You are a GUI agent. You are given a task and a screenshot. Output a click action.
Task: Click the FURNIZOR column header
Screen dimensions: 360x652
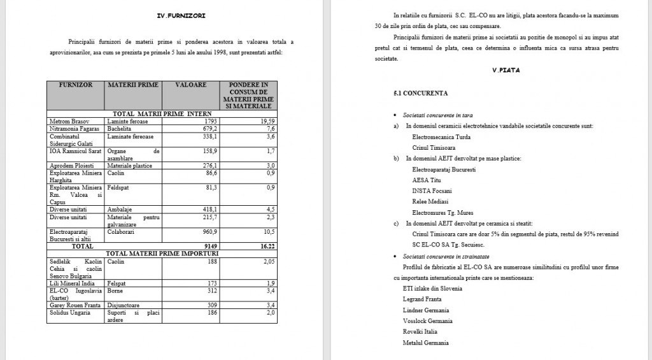pyautogui.click(x=76, y=85)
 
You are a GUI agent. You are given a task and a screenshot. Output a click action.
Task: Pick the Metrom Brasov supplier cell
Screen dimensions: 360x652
pyautogui.click(x=69, y=121)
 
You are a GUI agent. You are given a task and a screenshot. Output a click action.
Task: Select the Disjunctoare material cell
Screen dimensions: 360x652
pyautogui.click(x=127, y=305)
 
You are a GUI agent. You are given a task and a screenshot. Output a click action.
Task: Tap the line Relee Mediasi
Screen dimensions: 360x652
pyautogui.click(x=431, y=201)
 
